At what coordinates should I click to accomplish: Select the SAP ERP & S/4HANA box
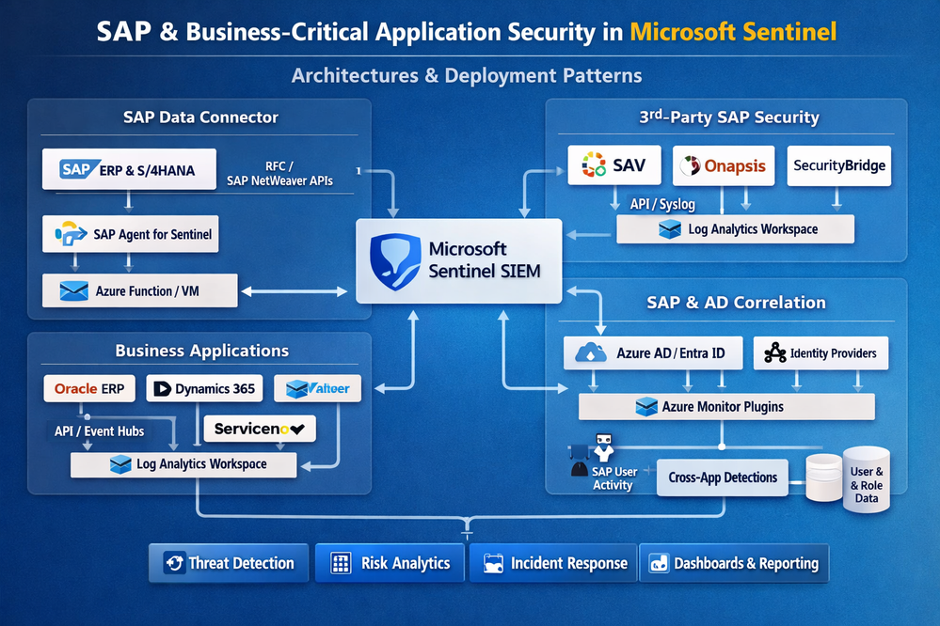[130, 169]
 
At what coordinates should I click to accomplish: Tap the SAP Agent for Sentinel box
[131, 234]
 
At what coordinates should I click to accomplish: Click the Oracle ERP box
[89, 388]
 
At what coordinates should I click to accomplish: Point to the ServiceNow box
[259, 429]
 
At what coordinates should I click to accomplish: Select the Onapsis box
[725, 165]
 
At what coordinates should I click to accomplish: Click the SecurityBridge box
[838, 165]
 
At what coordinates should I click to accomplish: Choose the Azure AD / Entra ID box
[652, 353]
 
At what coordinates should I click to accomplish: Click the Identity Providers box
[821, 353]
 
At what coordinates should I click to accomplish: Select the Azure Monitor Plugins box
[725, 407]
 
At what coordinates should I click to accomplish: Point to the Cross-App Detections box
[723, 477]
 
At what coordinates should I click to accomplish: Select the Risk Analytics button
[391, 563]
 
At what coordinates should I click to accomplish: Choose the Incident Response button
[554, 563]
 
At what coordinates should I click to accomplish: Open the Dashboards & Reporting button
[733, 563]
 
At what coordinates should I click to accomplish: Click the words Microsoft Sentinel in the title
[733, 32]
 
